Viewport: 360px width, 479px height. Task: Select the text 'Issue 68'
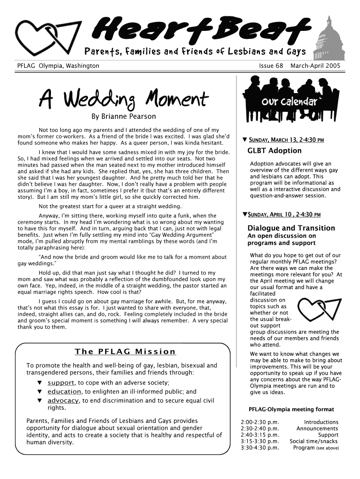pyautogui.click(x=271, y=66)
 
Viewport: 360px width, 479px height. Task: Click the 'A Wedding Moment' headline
pyautogui.click(x=124, y=99)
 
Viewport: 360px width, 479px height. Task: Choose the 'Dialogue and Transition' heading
pyautogui.click(x=291, y=228)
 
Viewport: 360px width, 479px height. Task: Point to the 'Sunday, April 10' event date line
pyautogui.click(x=283, y=215)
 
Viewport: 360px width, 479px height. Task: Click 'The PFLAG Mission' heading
pyautogui.click(x=125, y=351)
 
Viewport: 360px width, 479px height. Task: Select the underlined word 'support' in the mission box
pyautogui.click(x=61, y=383)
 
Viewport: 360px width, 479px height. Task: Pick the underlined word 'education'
pyautogui.click(x=64, y=392)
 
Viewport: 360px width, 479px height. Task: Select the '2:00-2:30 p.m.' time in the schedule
pyautogui.click(x=259, y=422)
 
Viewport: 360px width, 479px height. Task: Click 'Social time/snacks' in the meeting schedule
pyautogui.click(x=314, y=441)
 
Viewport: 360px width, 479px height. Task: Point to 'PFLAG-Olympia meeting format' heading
pyautogui.click(x=291, y=409)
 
